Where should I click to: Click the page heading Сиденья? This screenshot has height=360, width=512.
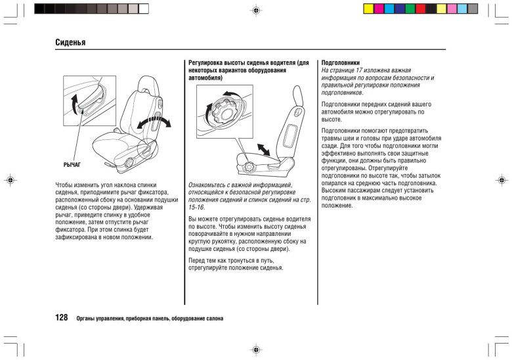(x=72, y=43)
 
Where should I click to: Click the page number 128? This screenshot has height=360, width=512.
(x=62, y=317)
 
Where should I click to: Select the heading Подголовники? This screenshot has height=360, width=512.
(x=341, y=62)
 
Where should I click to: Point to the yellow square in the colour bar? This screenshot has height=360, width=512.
(x=368, y=9)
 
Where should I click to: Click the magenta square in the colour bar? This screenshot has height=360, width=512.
(x=379, y=9)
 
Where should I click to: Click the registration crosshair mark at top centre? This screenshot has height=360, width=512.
(x=255, y=12)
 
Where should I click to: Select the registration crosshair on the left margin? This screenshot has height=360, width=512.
(x=9, y=179)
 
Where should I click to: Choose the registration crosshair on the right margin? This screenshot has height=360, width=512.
(x=501, y=179)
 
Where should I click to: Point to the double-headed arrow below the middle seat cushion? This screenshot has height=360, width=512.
(x=263, y=149)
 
